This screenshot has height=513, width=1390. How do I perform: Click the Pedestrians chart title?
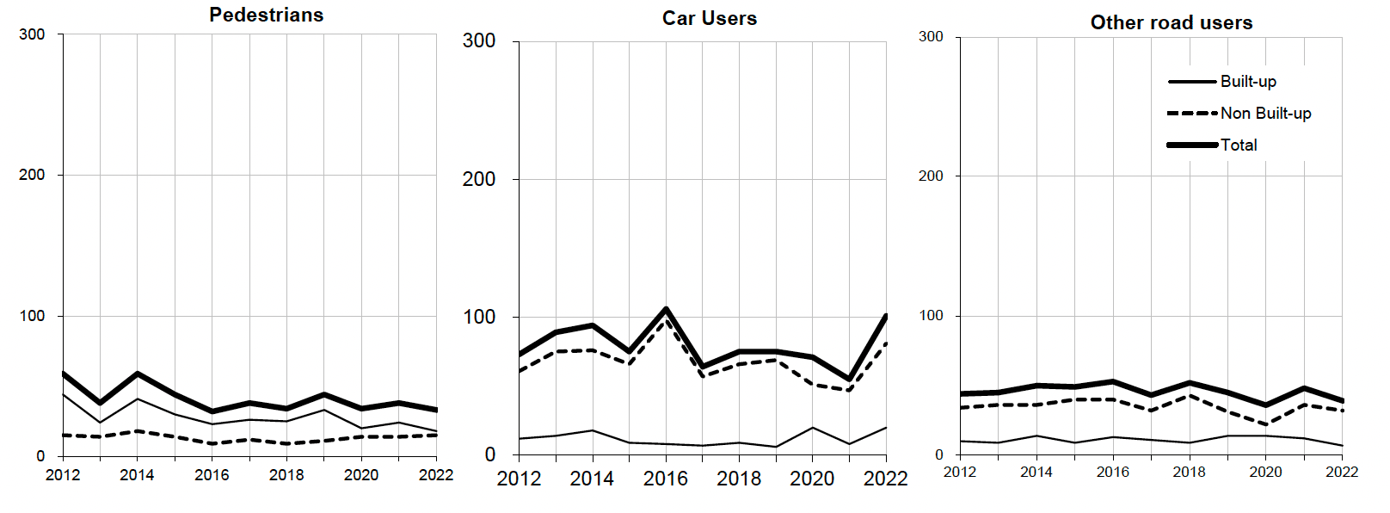(x=267, y=15)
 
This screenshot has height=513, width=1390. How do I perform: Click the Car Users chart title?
(x=710, y=18)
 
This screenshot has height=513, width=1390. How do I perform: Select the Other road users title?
(x=1172, y=22)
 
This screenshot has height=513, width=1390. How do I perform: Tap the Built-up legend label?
(x=1248, y=81)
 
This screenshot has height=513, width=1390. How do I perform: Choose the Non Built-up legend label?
(x=1265, y=113)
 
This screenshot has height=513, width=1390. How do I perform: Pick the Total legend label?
(x=1239, y=145)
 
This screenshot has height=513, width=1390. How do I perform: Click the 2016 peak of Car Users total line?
(x=667, y=309)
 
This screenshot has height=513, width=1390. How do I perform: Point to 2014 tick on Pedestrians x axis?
(x=137, y=474)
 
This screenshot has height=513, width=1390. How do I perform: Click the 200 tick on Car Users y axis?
(x=479, y=179)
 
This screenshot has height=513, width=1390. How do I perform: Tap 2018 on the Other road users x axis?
(x=1190, y=472)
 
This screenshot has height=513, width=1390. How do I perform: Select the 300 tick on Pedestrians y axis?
(x=32, y=34)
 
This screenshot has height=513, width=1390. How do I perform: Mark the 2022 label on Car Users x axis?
(x=886, y=479)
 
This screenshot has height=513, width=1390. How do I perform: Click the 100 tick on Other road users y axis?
(x=931, y=315)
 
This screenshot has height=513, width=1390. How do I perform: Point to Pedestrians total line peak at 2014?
(x=138, y=374)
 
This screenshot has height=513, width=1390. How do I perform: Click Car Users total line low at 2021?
(x=850, y=379)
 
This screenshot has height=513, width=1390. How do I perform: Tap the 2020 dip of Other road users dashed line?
(x=1266, y=424)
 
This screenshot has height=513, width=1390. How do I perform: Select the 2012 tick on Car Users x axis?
(x=519, y=479)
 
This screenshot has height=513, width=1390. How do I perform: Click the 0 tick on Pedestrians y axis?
(x=40, y=456)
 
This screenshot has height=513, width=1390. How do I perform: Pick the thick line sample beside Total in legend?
(x=1192, y=145)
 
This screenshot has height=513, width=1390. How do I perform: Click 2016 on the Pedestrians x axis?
(x=212, y=474)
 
